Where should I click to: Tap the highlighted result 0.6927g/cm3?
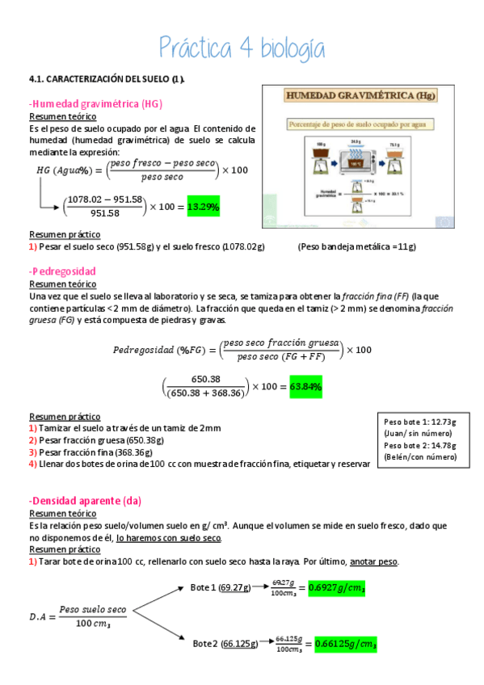point(336,589)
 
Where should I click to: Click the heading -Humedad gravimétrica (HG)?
point(95,104)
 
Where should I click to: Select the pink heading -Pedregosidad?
point(62,271)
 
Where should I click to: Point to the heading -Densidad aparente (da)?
point(84,501)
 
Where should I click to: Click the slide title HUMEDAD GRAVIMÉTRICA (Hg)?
point(360,96)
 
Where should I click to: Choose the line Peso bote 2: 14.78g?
point(419,445)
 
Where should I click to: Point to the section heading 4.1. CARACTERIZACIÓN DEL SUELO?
point(107,79)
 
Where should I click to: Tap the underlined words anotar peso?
point(371,562)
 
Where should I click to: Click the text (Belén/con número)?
point(420,457)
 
